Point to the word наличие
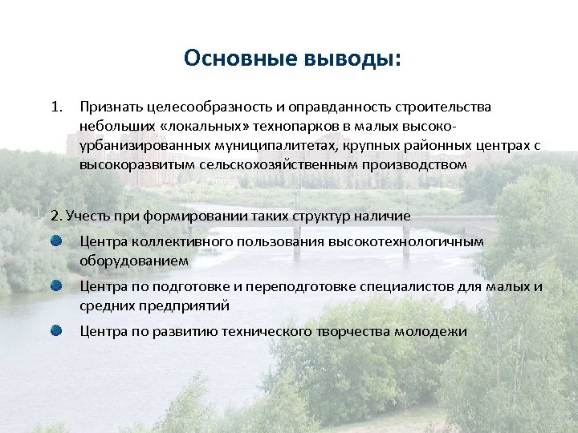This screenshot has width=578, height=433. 381,216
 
